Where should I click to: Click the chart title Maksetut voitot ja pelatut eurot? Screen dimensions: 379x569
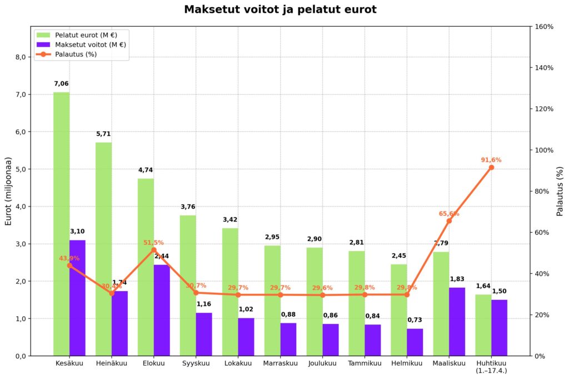(280, 9)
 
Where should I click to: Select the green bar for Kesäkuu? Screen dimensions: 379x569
(61, 223)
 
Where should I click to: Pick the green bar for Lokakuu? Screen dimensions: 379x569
(230, 292)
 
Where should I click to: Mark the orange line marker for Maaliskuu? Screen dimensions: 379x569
(449, 221)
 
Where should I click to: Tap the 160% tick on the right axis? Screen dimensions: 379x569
(544, 27)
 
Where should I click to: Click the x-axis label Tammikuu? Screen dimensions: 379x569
(365, 363)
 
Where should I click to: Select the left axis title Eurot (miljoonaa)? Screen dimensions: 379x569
(8, 191)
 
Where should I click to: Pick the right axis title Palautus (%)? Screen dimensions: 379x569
(560, 191)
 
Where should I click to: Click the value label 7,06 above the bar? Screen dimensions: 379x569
(61, 83)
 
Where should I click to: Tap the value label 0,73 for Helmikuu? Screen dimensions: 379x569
(415, 320)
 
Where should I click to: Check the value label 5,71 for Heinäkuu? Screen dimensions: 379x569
(103, 134)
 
